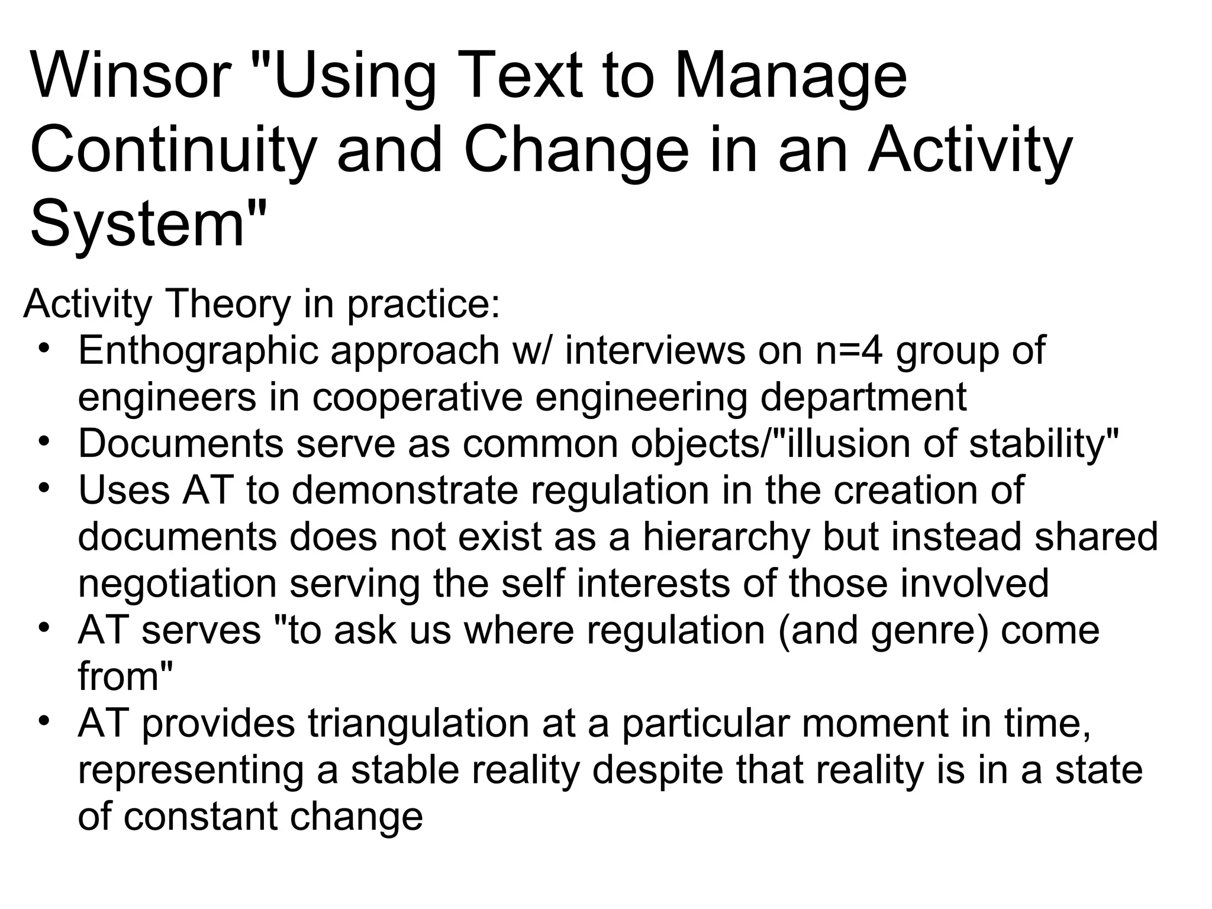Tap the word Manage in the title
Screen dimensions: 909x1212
(x=789, y=76)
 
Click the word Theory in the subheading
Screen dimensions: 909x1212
(x=230, y=304)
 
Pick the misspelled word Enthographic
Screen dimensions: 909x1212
(x=198, y=351)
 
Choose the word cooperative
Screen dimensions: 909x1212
(x=418, y=397)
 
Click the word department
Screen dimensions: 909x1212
(x=863, y=397)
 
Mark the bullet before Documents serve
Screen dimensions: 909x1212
(x=43, y=441)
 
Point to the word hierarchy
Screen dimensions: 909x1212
(x=726, y=537)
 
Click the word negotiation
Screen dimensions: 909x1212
(x=178, y=584)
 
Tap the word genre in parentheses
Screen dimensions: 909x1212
(x=923, y=630)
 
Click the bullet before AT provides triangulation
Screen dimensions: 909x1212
(x=43, y=721)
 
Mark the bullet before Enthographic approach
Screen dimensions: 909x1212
(x=43, y=348)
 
